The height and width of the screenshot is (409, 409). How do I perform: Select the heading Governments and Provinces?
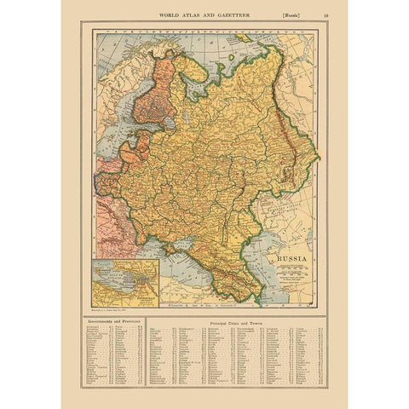pyautogui.click(x=114, y=321)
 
